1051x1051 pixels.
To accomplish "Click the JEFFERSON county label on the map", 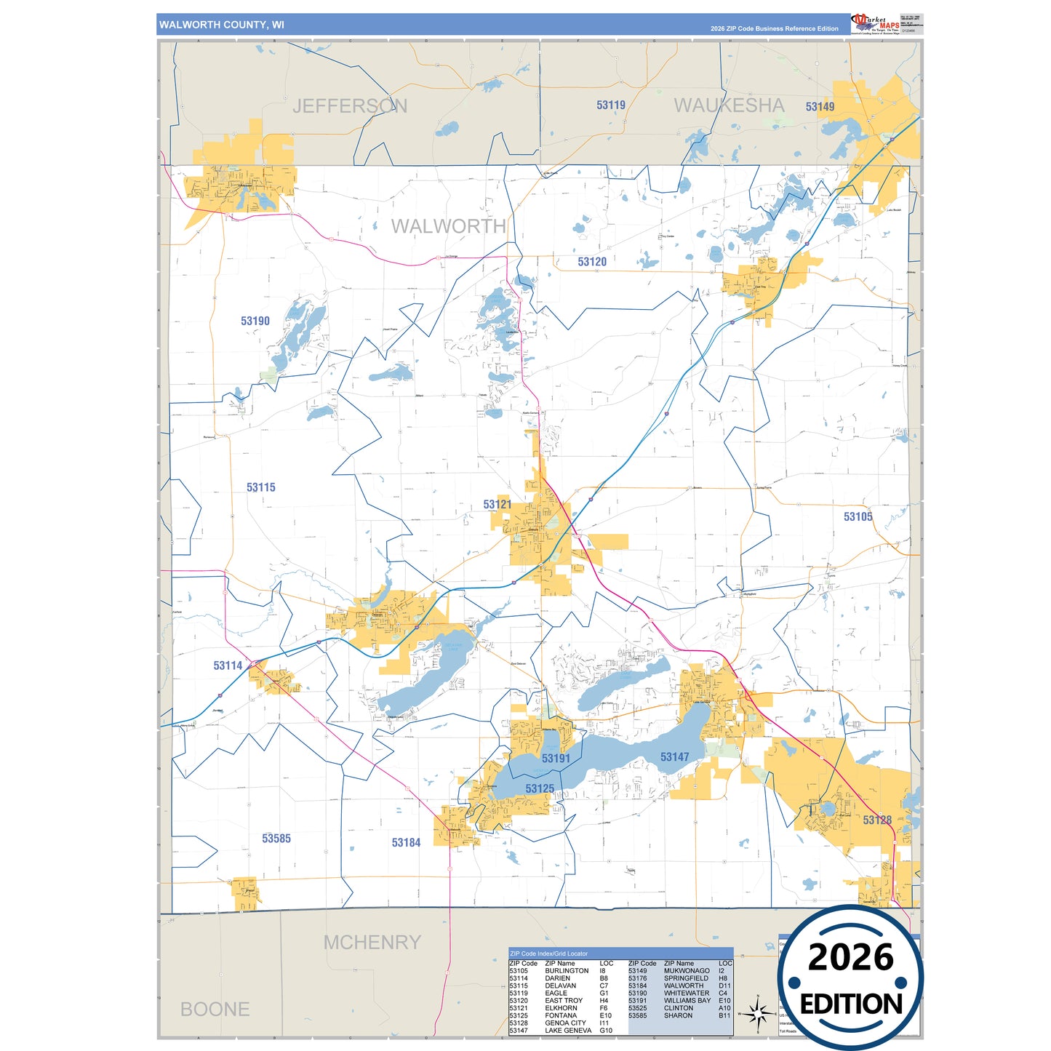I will pyautogui.click(x=349, y=106).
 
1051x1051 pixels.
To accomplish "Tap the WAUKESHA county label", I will pyautogui.click(x=729, y=105).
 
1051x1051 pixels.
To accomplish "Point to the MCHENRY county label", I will pyautogui.click(x=372, y=943).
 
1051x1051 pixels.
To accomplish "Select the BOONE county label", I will pyautogui.click(x=215, y=1010).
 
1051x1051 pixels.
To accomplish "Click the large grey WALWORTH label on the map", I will pyautogui.click(x=448, y=226).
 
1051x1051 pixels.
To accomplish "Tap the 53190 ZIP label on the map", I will pyautogui.click(x=255, y=321).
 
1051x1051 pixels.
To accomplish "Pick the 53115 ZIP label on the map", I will pyautogui.click(x=260, y=487).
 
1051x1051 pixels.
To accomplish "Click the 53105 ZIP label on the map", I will pyautogui.click(x=858, y=516).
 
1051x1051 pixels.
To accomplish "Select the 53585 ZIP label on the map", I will pyautogui.click(x=276, y=839).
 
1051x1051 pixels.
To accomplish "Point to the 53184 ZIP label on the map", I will pyautogui.click(x=406, y=842).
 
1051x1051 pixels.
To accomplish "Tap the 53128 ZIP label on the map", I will pyautogui.click(x=877, y=820).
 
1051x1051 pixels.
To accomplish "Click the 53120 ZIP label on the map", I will pyautogui.click(x=592, y=262).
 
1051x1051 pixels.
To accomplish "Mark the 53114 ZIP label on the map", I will pyautogui.click(x=228, y=666).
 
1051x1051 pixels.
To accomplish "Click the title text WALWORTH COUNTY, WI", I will pyautogui.click(x=222, y=25).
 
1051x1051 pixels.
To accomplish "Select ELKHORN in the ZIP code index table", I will pyautogui.click(x=561, y=1008).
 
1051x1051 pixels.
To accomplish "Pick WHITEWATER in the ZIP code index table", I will pyautogui.click(x=686, y=993).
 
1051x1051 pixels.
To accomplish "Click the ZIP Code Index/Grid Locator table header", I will pyautogui.click(x=549, y=954).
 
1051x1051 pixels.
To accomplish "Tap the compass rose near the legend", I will pyautogui.click(x=758, y=1012).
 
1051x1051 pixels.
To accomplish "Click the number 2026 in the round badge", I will pyautogui.click(x=850, y=957).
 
